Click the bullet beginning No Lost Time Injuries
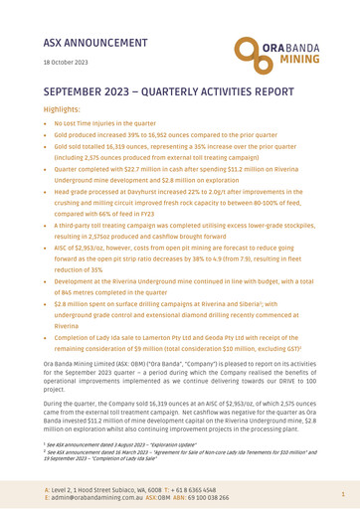click(130, 132)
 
